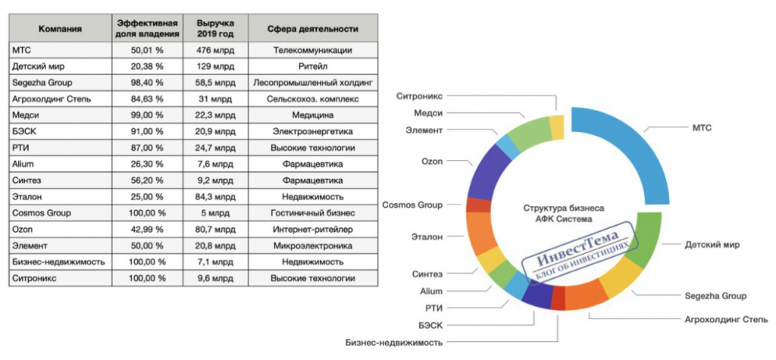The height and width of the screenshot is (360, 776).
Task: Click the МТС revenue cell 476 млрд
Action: coord(215,50)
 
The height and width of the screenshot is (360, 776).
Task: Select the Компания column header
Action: coord(61,29)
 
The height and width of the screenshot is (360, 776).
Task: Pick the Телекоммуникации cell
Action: coord(312,50)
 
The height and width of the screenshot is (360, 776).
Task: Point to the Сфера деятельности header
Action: coord(312,29)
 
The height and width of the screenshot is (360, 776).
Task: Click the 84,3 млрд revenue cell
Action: coord(215,197)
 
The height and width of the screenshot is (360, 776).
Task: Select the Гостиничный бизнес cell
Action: coord(312,214)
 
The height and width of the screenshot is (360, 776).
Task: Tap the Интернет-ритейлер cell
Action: coord(312,230)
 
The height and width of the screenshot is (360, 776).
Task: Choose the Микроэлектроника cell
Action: coord(312,246)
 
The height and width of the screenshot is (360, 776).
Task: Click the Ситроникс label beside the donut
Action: coord(419,95)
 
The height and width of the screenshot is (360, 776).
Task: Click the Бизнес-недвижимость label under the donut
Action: coord(394,342)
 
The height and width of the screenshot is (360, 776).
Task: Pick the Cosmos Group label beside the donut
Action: coord(413,205)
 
